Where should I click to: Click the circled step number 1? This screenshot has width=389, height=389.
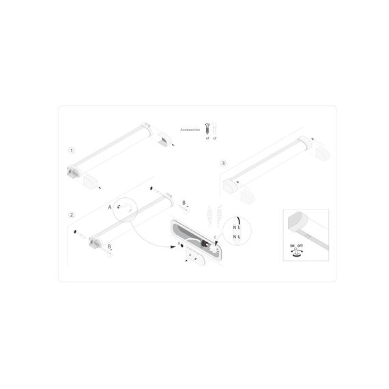click(x=72, y=149)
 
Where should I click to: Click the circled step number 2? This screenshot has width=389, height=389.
click(x=72, y=215)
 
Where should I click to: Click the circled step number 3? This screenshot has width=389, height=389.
click(x=223, y=164)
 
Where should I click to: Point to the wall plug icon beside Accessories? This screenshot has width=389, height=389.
click(x=214, y=128)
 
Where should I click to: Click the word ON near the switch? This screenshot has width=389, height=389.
click(x=292, y=244)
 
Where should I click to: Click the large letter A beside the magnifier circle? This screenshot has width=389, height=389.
click(x=109, y=206)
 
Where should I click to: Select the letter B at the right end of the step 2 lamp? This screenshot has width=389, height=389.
click(x=184, y=203)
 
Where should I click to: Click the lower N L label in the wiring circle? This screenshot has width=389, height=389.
click(x=237, y=236)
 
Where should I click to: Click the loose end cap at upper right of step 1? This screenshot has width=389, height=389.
click(x=166, y=141)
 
